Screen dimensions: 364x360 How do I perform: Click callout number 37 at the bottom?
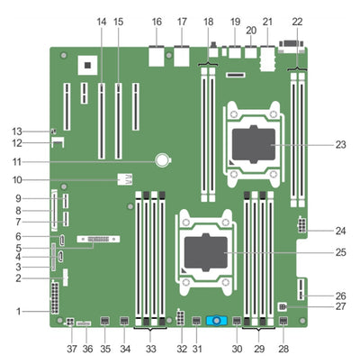[71, 348]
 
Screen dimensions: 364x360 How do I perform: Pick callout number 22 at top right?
[297, 20]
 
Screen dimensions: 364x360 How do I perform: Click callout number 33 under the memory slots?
[150, 348]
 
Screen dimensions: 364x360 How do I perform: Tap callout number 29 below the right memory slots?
[260, 348]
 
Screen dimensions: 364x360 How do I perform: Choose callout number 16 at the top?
[157, 20]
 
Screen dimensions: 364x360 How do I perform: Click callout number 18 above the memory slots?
[209, 20]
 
